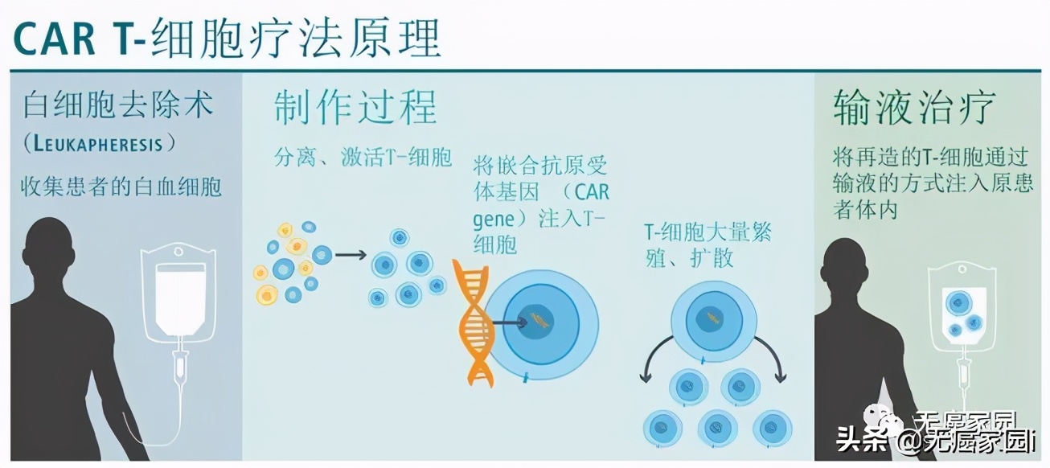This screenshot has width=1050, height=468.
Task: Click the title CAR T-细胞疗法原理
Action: pyautogui.click(x=228, y=36)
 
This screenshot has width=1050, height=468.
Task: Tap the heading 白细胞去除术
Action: pyautogui.click(x=119, y=105)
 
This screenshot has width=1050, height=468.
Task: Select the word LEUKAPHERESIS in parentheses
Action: pyautogui.click(x=100, y=145)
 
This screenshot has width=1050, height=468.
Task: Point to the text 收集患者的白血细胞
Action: pyautogui.click(x=121, y=187)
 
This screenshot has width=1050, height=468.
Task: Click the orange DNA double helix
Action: pyautogui.click(x=475, y=322)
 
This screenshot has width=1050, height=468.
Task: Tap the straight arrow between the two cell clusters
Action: pyautogui.click(x=350, y=255)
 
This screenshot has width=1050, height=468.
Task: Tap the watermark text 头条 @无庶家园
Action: pyautogui.click(x=936, y=441)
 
